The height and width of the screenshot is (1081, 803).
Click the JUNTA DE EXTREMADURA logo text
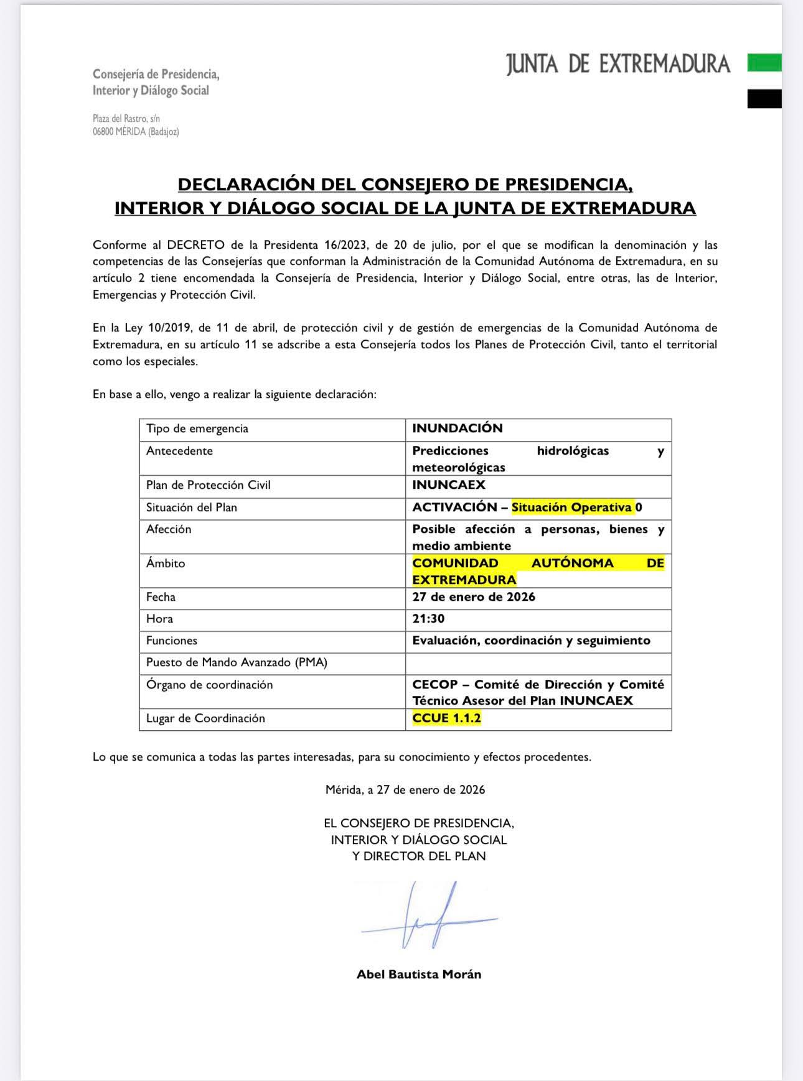618,64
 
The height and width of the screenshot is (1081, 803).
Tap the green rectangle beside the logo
764,63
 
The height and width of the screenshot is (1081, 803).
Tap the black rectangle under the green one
764,99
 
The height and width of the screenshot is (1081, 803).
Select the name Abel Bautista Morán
418,975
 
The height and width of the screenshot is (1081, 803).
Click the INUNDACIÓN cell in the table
458,428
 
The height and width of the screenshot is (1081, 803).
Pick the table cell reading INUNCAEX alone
449,485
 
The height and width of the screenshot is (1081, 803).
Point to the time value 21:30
428,619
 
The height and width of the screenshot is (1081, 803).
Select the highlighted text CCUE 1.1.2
446,718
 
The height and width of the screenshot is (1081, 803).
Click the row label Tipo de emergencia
197,429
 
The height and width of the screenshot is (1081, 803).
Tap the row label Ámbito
166,564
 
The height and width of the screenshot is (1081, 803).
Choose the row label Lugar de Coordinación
205,718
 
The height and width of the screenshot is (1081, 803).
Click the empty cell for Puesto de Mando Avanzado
538,663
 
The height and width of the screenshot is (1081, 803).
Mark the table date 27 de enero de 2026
474,597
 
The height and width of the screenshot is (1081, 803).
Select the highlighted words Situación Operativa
571,508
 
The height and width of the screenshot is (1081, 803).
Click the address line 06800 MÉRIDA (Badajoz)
136,132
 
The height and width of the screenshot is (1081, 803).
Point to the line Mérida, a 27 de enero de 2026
405,790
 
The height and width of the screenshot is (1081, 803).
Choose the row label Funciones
172,641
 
